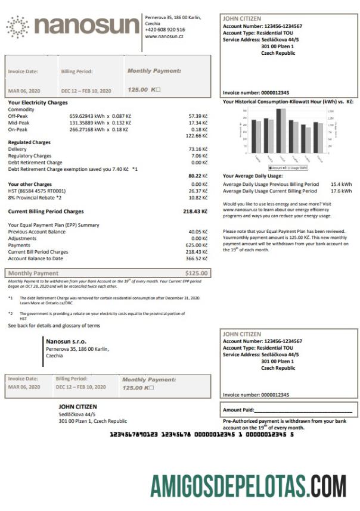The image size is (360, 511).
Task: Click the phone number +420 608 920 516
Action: point(165,29)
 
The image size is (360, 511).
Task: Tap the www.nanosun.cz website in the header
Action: point(164,36)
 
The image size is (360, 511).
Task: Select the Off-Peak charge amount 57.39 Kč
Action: point(197,116)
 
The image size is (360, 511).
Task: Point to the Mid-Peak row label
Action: point(19,122)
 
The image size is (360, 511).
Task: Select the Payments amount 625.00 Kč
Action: point(196,245)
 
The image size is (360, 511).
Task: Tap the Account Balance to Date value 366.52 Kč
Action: point(196,258)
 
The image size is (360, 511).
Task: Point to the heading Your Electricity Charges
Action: point(38,102)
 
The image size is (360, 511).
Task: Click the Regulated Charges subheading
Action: point(29,142)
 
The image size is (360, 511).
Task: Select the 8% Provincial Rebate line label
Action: point(34,197)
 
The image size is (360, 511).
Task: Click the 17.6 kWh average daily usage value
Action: point(342,191)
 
